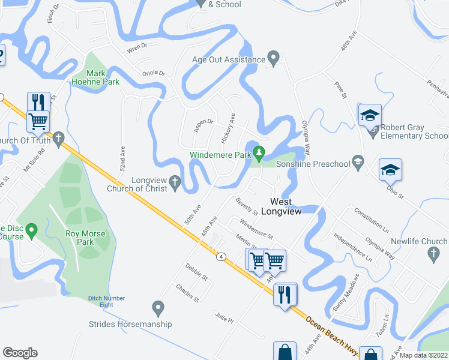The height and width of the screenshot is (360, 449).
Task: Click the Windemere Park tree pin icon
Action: (259, 153)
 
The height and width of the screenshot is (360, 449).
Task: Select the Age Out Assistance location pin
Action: (274, 59)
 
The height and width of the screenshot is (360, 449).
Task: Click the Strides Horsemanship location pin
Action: (158, 308)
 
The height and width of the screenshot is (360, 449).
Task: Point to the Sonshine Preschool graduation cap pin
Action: (358, 161)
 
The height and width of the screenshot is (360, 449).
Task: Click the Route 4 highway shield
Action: (221, 257)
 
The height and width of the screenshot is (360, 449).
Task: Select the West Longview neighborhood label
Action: (285, 207)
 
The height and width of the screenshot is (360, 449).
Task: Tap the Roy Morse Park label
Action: (86, 238)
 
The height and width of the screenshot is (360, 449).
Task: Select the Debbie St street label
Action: (196, 272)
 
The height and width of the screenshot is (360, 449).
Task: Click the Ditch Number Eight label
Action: (106, 301)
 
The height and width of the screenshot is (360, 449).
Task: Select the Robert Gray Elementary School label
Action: (410, 132)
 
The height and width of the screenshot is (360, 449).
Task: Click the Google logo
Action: (20, 353)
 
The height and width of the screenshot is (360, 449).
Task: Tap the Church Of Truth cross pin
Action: (58, 140)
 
